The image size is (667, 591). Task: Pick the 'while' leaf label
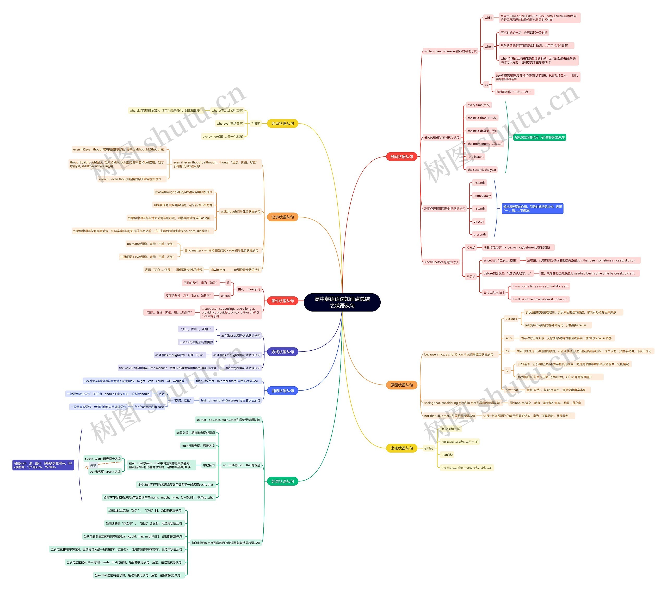pos(488,18)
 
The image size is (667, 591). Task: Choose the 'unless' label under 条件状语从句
pos(225,296)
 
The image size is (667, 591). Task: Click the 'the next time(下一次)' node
pos(482,118)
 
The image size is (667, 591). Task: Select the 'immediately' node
pos(482,196)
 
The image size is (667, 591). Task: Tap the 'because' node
pos(511,319)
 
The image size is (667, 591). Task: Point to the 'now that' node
pos(511,390)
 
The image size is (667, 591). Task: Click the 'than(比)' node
pos(447,455)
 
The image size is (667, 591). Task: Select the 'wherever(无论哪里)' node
pos(230,123)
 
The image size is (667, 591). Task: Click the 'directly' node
pos(479,221)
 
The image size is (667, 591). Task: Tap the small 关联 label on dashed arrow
pos(93,465)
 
